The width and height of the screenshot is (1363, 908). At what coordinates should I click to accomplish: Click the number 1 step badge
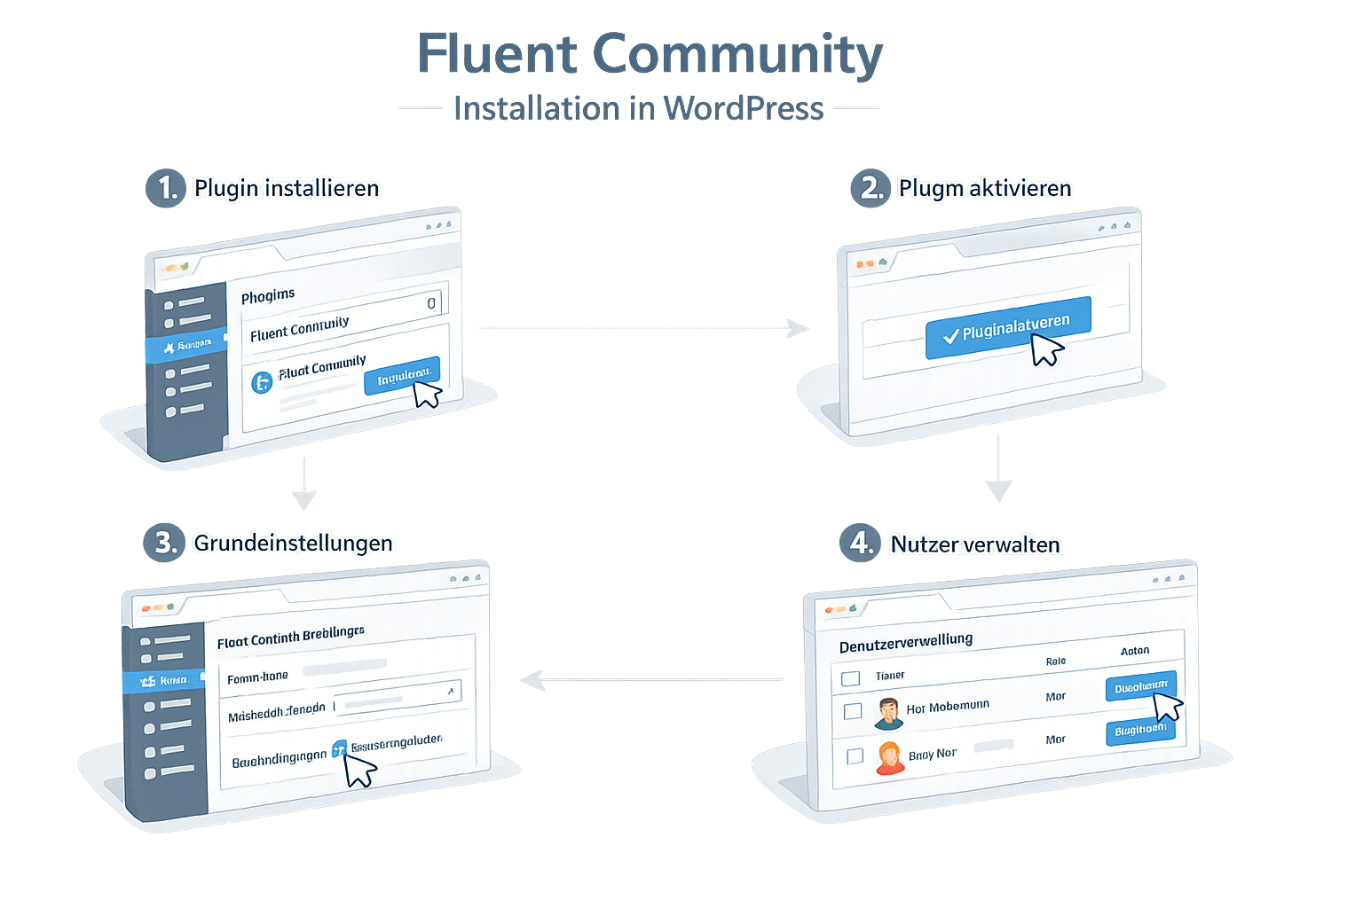pyautogui.click(x=166, y=188)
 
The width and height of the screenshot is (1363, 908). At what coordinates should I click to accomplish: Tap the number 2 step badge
pyautogui.click(x=871, y=188)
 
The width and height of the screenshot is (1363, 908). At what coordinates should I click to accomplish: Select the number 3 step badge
pyautogui.click(x=164, y=542)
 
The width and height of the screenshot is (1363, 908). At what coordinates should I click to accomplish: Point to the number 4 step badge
pyautogui.click(x=860, y=542)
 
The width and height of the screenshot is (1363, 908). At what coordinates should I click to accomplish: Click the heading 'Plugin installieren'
pyautogui.click(x=287, y=188)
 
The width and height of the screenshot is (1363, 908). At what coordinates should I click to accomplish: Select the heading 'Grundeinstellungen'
pyautogui.click(x=293, y=543)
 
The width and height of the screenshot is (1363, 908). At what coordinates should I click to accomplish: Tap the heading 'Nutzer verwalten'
pyautogui.click(x=975, y=544)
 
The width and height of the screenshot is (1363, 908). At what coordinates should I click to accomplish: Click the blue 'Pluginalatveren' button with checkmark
pyautogui.click(x=1007, y=328)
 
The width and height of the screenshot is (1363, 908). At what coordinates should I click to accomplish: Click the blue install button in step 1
pyautogui.click(x=401, y=376)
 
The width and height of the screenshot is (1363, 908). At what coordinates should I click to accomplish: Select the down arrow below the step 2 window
pyautogui.click(x=998, y=469)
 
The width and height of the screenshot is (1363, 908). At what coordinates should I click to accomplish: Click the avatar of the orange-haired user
pyautogui.click(x=889, y=758)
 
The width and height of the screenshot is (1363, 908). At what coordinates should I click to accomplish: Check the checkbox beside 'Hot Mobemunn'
pyautogui.click(x=853, y=711)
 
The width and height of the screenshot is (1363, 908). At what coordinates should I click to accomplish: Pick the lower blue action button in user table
pyautogui.click(x=1139, y=730)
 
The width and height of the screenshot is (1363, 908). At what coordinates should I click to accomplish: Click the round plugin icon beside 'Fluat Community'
pyautogui.click(x=262, y=382)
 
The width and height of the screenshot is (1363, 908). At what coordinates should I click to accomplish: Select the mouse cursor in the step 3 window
pyautogui.click(x=358, y=769)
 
